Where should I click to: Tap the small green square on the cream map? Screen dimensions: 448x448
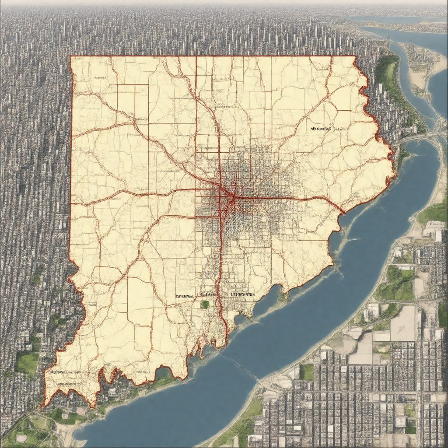pyautogui.click(x=205, y=304)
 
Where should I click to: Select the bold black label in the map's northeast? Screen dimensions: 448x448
pyautogui.click(x=322, y=129)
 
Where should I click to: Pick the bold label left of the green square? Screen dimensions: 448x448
pyautogui.click(x=184, y=296)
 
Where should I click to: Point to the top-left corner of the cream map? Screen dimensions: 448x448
pyautogui.click(x=71, y=57)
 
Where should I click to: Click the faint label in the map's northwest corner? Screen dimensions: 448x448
pyautogui.click(x=100, y=77)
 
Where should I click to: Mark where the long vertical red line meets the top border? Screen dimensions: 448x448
pyautogui.click(x=196, y=56)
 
